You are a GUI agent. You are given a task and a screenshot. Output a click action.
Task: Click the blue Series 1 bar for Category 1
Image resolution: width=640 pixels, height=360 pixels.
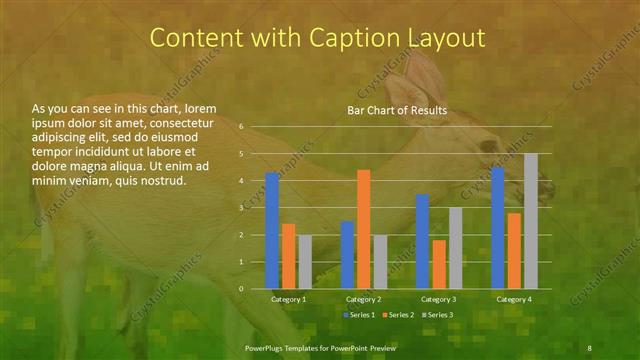click(272, 231)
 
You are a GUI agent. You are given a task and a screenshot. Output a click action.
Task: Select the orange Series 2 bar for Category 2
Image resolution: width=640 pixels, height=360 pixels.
click(364, 229)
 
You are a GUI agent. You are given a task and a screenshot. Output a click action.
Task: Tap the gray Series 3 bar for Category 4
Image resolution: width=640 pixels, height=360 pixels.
click(531, 221)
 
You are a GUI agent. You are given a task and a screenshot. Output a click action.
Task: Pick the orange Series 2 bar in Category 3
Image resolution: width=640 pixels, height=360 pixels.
click(439, 264)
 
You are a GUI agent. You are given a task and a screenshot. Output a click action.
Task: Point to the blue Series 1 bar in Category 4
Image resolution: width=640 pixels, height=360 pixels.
click(498, 228)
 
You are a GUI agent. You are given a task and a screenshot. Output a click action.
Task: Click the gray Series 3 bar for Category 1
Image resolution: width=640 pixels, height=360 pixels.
click(305, 262)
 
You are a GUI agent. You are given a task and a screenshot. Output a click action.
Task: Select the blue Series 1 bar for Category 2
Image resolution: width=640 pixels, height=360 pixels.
click(347, 255)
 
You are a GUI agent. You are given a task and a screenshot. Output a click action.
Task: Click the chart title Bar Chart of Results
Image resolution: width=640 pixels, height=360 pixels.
click(397, 110)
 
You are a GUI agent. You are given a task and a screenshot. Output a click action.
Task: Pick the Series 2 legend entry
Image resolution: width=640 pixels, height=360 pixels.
click(397, 315)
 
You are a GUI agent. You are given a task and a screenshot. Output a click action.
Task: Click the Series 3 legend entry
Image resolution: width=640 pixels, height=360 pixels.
click(436, 315)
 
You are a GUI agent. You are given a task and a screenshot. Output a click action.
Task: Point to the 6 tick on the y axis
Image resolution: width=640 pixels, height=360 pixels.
click(241, 127)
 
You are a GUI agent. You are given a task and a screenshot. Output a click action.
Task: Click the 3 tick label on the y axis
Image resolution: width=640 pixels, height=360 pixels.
click(241, 208)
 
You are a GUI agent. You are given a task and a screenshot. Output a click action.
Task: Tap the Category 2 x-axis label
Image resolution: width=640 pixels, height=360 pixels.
click(363, 299)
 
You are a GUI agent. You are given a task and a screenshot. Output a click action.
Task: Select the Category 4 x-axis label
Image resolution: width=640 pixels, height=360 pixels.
click(514, 299)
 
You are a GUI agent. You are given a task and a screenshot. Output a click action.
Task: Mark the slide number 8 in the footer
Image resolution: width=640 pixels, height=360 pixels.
click(589, 346)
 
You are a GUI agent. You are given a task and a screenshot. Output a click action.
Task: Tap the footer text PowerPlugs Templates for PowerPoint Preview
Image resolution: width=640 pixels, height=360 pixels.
click(321, 346)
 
